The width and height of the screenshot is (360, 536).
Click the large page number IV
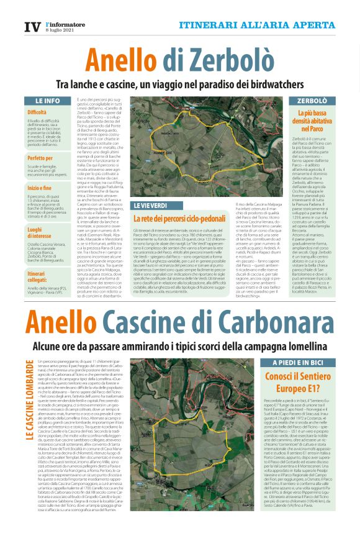point(32,27)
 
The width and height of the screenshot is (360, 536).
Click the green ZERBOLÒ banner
point(312,100)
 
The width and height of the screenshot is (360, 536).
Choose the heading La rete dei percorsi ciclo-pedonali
point(179,219)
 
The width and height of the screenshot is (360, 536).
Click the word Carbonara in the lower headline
point(268,322)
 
